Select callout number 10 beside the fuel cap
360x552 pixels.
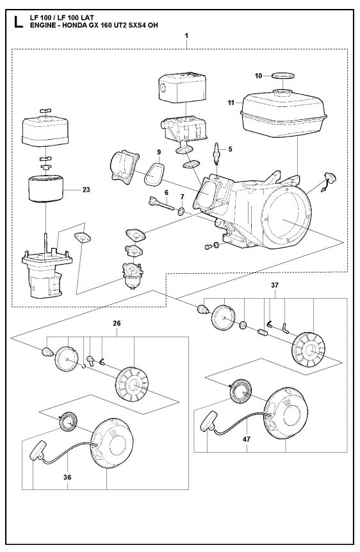[x=259, y=76]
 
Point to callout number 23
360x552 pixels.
[x=86, y=190]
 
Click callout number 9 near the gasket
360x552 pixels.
[x=158, y=152]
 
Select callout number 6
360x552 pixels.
[x=166, y=192]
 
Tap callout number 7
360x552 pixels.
[x=182, y=196]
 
